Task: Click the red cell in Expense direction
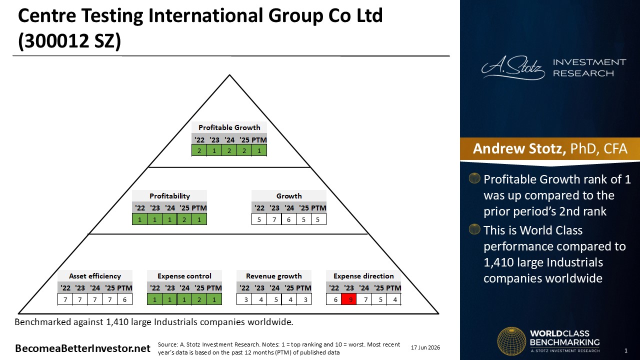click(x=349, y=299)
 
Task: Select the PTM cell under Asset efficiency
click(x=124, y=299)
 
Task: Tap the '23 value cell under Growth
click(x=274, y=219)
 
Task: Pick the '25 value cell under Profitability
click(x=184, y=219)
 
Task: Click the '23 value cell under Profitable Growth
click(x=214, y=150)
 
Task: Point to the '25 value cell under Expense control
click(x=199, y=299)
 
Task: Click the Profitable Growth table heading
click(x=229, y=127)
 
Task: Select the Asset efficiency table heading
click(x=95, y=276)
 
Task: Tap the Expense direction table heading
click(x=363, y=276)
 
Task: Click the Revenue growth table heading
click(x=273, y=276)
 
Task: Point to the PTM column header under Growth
click(x=318, y=208)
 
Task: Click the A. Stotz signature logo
click(x=513, y=67)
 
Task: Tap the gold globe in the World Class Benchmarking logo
click(x=511, y=341)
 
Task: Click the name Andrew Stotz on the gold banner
click(x=519, y=148)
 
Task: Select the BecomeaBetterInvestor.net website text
click(x=82, y=348)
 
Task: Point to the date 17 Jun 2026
click(x=425, y=347)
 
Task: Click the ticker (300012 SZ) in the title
click(x=69, y=41)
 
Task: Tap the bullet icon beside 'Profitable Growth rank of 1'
click(x=474, y=178)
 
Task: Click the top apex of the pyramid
click(x=229, y=75)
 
